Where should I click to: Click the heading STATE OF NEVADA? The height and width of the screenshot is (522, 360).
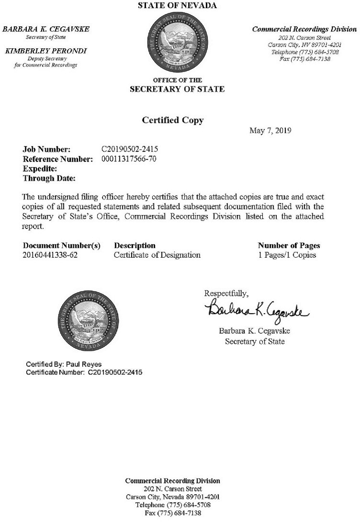177,6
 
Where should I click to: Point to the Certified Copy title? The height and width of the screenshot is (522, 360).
172,120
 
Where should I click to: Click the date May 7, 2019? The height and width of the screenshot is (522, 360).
270,131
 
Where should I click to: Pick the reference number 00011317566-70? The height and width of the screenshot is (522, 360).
129,159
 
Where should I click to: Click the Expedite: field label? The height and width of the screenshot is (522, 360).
40,169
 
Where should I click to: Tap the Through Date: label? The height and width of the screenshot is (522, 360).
49,178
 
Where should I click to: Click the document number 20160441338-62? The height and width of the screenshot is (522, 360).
50,255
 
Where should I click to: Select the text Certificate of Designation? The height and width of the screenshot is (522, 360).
157,255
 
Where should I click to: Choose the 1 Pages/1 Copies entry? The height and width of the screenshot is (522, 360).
286,255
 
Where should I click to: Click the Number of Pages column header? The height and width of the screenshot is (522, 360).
289,245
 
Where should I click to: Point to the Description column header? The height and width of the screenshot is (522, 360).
134,245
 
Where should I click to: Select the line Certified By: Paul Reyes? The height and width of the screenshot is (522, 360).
64,364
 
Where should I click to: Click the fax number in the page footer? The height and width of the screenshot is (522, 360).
172,513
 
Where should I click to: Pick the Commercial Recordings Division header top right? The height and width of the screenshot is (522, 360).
297,29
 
